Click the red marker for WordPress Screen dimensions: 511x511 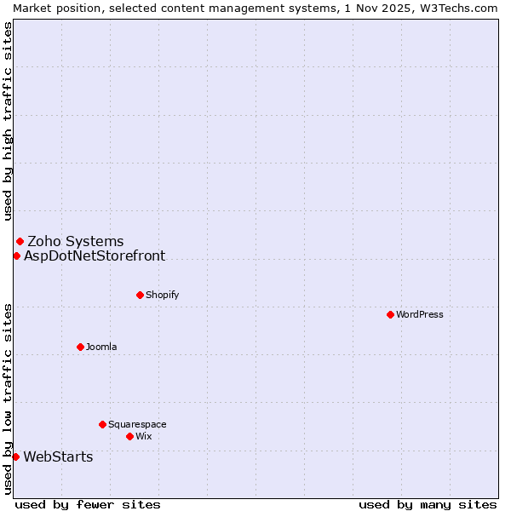[390, 314]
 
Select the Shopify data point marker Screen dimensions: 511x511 [140, 295]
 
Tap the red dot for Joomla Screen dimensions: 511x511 [80, 347]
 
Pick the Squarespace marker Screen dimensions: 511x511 [102, 424]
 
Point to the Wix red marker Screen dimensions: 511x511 [129, 436]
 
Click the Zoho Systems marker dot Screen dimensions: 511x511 [20, 241]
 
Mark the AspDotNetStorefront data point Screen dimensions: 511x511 [16, 255]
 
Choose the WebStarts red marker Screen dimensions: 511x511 [15, 456]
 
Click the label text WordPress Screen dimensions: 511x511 [419, 314]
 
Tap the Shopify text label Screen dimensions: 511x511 [162, 295]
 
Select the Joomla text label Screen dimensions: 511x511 [101, 347]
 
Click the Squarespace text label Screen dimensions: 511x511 [137, 424]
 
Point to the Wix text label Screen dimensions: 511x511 [143, 436]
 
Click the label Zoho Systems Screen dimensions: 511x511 [76, 241]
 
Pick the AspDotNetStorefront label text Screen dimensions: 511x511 [95, 255]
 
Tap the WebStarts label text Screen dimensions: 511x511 [58, 456]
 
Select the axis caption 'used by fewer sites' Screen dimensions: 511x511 [88, 504]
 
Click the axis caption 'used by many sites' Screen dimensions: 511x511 [428, 504]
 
